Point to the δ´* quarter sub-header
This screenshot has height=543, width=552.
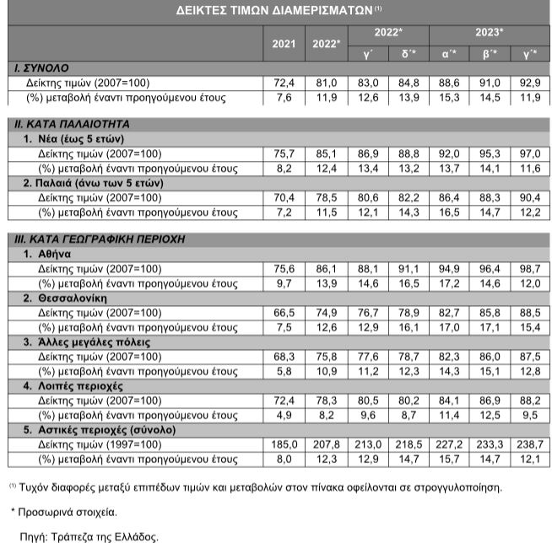tap(408, 54)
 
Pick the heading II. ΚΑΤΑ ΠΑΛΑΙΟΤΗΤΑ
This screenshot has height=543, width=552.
tap(68, 124)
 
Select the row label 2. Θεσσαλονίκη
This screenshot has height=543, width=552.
tap(68, 298)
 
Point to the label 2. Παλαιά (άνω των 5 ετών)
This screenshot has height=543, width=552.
tap(93, 182)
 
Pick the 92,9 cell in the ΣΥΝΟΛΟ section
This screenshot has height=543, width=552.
tap(530, 83)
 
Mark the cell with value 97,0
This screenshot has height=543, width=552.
tap(530, 154)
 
